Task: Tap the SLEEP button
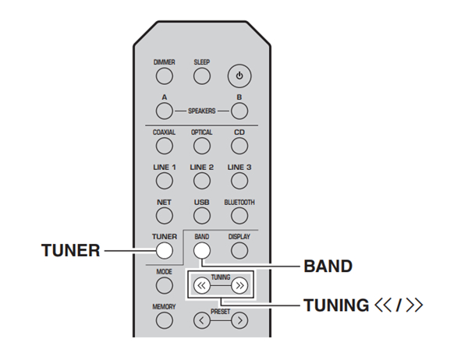click(201, 76)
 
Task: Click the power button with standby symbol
click(239, 76)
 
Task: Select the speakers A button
click(164, 110)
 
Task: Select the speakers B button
click(239, 110)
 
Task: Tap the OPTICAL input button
click(201, 146)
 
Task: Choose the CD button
click(239, 146)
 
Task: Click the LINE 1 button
click(164, 181)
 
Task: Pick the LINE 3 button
click(239, 181)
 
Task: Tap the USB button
click(201, 215)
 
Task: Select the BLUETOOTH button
click(239, 215)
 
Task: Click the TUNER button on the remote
click(164, 250)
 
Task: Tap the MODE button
click(164, 286)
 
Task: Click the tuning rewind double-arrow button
click(201, 286)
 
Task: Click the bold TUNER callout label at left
click(70, 251)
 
